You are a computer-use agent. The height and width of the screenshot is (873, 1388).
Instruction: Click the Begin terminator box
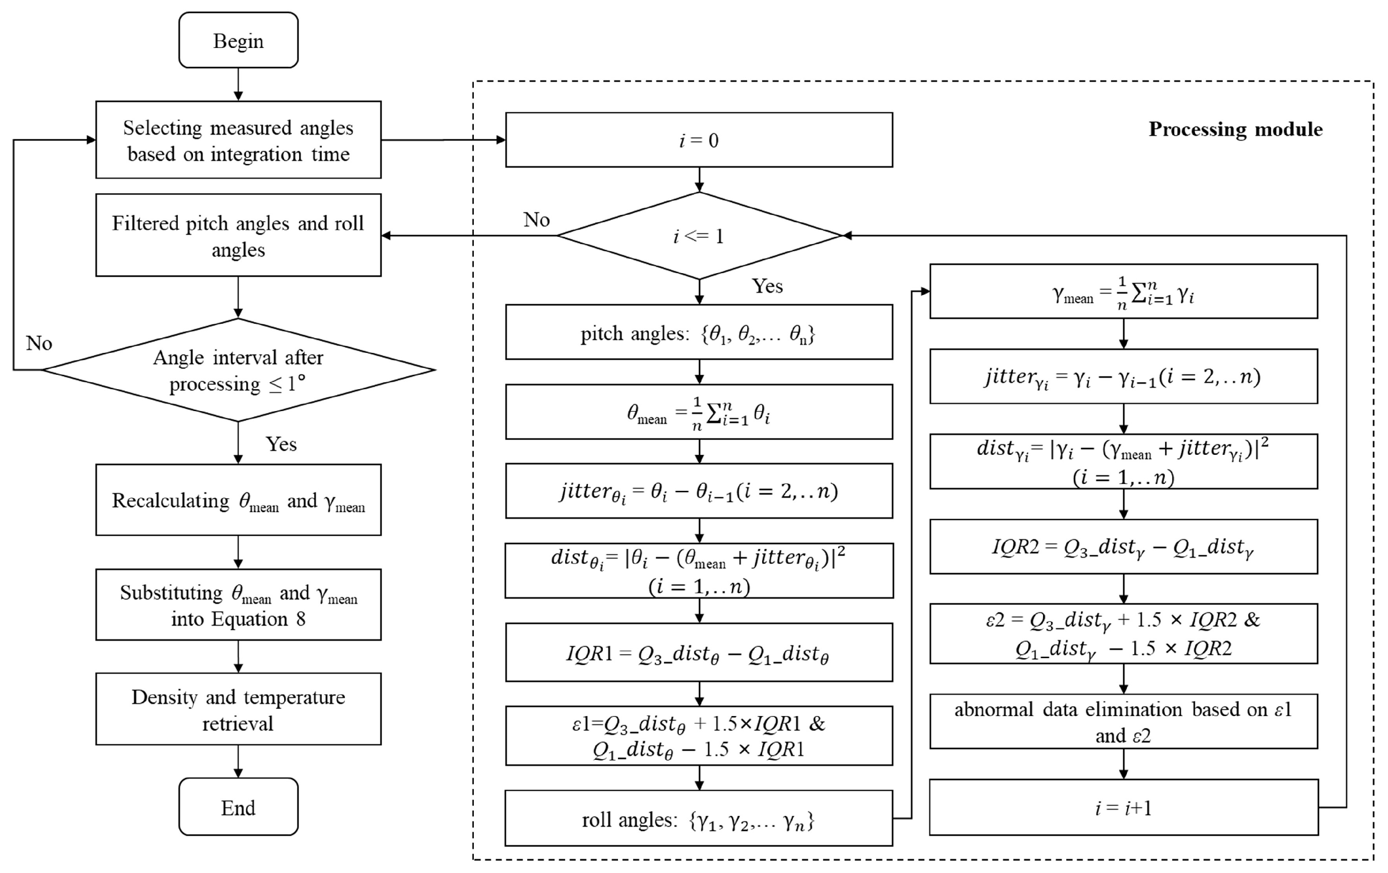[x=238, y=40]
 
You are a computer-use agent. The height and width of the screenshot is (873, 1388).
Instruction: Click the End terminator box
[x=238, y=807]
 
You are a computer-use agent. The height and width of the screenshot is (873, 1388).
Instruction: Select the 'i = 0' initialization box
[x=699, y=140]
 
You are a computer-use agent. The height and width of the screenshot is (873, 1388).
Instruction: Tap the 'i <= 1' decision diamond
[x=699, y=236]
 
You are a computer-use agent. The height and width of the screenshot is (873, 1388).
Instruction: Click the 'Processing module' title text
[x=1235, y=129]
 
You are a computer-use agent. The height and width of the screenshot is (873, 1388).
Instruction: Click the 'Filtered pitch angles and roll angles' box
[x=238, y=235]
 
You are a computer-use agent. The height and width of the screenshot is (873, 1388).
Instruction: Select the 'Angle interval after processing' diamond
[x=238, y=370]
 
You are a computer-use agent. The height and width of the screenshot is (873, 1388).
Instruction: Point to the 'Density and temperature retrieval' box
[x=238, y=709]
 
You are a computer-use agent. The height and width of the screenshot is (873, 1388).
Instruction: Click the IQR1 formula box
[x=699, y=653]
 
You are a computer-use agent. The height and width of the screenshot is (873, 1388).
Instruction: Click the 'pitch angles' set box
[x=699, y=333]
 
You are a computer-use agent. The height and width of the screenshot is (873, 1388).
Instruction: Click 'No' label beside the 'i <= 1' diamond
[x=536, y=220]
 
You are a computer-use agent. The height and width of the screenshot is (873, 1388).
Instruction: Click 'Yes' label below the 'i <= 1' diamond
[x=767, y=286]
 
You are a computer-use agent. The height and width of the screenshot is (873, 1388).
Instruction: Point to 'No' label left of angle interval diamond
[x=38, y=344]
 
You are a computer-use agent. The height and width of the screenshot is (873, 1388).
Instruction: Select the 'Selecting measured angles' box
[x=238, y=140]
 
